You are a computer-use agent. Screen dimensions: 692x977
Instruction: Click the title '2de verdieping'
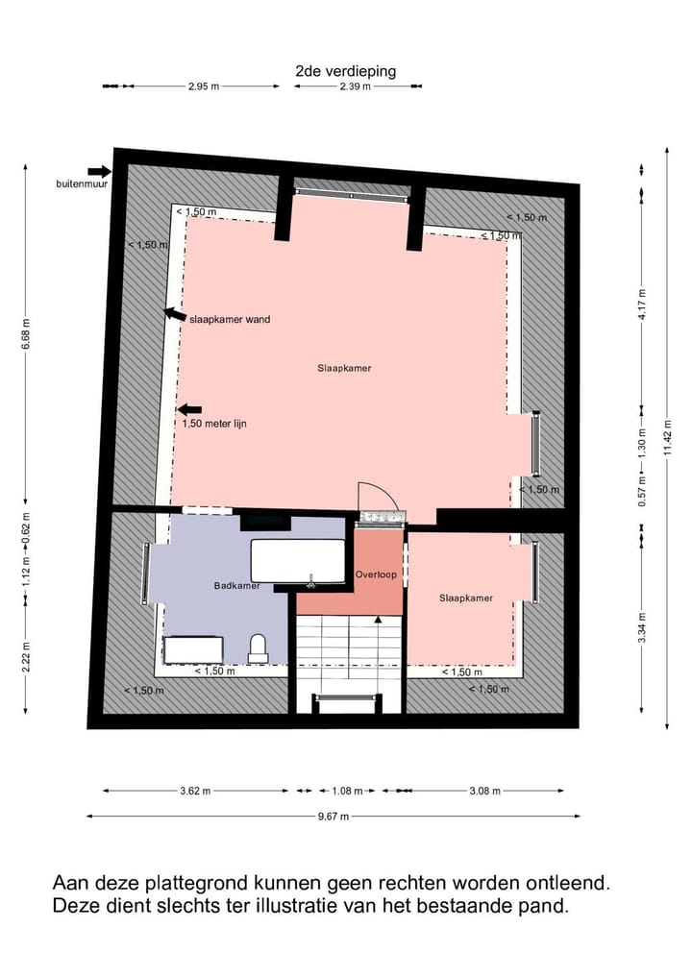point(345,71)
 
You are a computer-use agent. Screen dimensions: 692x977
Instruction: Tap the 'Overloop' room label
point(376,574)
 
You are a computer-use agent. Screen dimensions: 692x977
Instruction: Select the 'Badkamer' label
point(236,586)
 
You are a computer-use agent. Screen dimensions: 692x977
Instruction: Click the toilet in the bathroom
point(259,648)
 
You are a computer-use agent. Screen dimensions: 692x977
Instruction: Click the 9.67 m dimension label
point(333,817)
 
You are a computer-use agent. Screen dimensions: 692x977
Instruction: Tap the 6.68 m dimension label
point(26,333)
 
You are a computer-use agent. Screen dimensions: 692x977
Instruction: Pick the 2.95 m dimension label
point(204,86)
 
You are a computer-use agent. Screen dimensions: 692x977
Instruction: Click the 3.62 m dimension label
point(195,792)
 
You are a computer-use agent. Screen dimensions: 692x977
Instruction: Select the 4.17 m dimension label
point(642,305)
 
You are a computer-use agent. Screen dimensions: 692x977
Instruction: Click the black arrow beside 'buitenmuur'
point(99,171)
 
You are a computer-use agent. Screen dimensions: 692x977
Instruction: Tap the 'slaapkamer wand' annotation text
point(230,320)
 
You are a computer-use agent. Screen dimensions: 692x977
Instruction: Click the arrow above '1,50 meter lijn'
point(189,410)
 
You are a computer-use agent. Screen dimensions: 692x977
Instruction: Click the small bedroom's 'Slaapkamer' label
point(466,598)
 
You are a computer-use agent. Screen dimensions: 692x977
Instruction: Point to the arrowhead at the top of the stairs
point(378,619)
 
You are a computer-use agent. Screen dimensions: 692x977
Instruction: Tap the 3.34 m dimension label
point(642,628)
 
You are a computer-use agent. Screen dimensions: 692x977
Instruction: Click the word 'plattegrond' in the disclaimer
point(197,884)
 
